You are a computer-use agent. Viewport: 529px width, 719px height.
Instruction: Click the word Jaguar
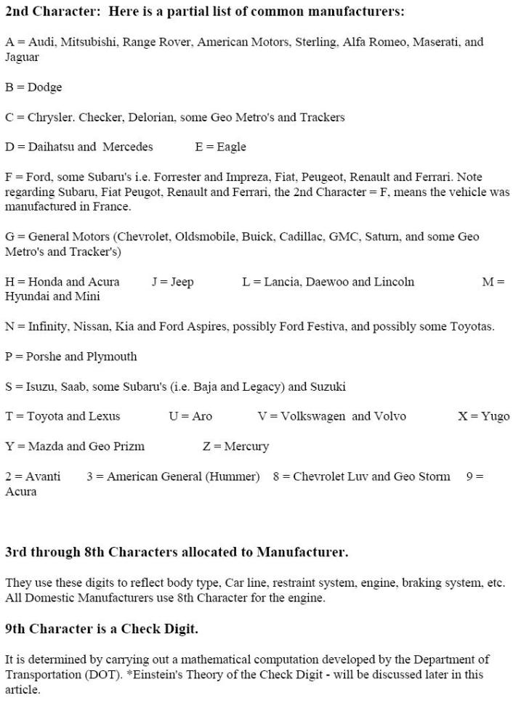click(x=22, y=57)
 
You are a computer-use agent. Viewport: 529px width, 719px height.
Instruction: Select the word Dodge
click(x=45, y=87)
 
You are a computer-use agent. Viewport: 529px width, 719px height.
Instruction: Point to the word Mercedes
click(x=128, y=147)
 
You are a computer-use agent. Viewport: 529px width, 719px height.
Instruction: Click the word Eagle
click(x=231, y=147)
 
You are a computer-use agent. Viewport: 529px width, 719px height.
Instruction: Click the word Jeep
click(x=182, y=282)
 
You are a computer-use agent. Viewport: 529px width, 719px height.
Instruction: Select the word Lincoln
click(x=394, y=282)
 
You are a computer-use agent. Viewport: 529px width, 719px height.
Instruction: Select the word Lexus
click(x=103, y=416)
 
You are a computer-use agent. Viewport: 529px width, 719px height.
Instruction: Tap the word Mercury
click(x=246, y=446)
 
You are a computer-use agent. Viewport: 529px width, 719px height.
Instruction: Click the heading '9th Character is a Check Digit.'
click(x=101, y=629)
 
